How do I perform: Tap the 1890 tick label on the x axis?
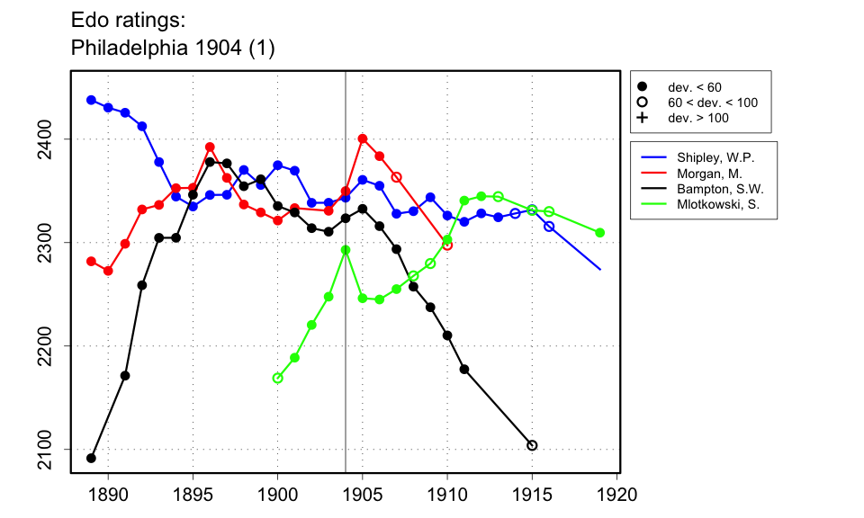coord(108,495)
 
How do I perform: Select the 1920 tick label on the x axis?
coord(617,495)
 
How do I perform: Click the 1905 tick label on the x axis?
coord(363,495)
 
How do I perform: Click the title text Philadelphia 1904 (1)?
coord(172,49)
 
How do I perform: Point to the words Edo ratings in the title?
coord(130,20)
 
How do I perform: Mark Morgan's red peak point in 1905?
coord(363,138)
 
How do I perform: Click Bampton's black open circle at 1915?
coord(532,445)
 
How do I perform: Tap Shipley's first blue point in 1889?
coord(91,100)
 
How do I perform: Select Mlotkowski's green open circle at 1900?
coord(277,378)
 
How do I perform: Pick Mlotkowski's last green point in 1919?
coord(600,233)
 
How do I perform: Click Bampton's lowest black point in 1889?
coord(91,458)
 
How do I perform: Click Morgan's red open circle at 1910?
coord(447,245)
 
